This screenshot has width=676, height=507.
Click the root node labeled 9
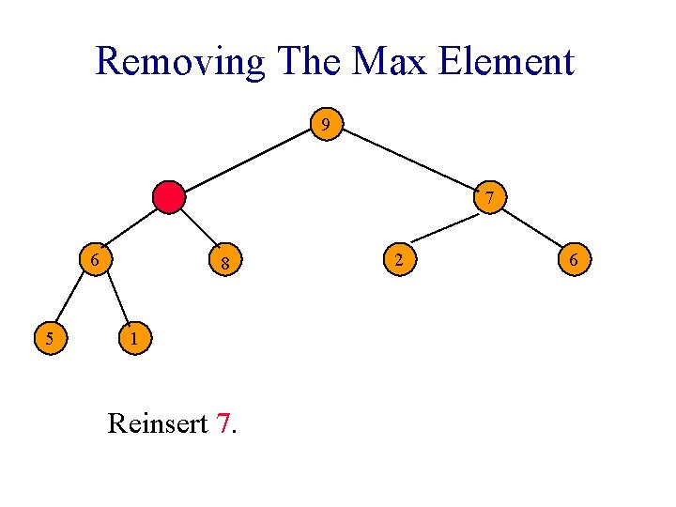pyautogui.click(x=326, y=124)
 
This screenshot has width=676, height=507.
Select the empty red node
pyautogui.click(x=170, y=197)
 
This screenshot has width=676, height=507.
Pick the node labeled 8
pyautogui.click(x=224, y=265)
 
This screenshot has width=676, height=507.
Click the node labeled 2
pyautogui.click(x=399, y=258)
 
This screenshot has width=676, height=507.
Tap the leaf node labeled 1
pyautogui.click(x=134, y=338)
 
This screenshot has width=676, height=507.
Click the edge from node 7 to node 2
pyautogui.click(x=445, y=228)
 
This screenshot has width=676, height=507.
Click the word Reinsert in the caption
pyautogui.click(x=158, y=423)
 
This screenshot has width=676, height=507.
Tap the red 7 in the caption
pyautogui.click(x=223, y=423)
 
